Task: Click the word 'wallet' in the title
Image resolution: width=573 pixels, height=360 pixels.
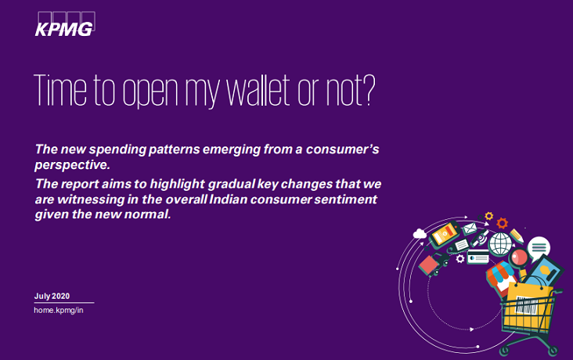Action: [x=245, y=92]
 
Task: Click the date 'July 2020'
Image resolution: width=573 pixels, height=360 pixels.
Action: [x=52, y=296]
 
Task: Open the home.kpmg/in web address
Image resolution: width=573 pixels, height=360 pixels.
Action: [x=59, y=311]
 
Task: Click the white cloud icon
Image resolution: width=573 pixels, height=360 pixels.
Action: [x=420, y=233]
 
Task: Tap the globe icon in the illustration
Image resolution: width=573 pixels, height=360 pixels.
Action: [x=499, y=243]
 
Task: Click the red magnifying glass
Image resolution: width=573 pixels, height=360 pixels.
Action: [x=517, y=257]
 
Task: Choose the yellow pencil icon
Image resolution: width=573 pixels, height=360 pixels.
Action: [x=516, y=234]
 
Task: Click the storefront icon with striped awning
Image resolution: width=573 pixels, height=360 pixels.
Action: [x=499, y=273]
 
